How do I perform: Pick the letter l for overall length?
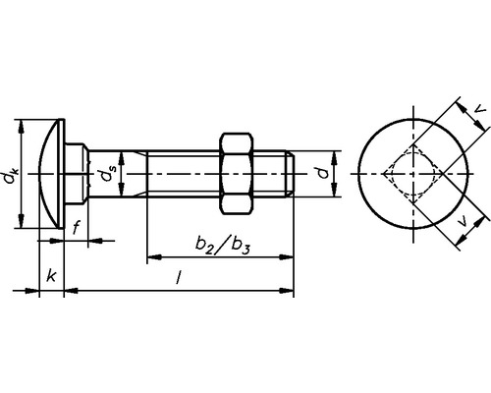pos(179,279)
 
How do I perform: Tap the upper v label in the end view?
pos(477,110)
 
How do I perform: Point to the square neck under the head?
pos(78,175)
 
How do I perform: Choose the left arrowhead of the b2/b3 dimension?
pos(151,258)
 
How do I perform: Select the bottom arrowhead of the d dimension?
pos(337,196)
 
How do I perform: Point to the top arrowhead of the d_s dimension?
pos(121,155)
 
